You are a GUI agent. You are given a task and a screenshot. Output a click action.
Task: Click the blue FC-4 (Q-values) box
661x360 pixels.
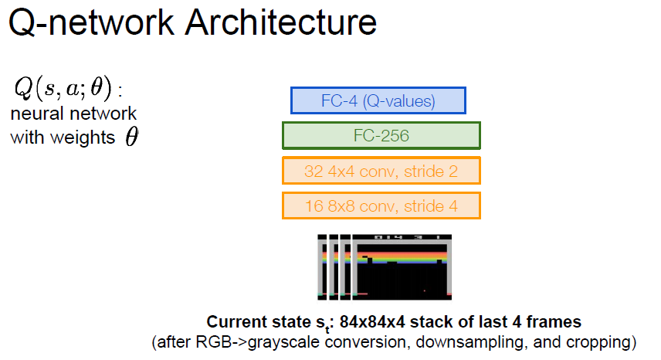378,100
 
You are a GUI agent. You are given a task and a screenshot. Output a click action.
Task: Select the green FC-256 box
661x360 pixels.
381,136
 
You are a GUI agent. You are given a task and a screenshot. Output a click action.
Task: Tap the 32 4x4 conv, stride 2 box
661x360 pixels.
381,171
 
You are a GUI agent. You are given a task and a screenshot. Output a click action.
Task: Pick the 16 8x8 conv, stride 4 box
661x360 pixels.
381,205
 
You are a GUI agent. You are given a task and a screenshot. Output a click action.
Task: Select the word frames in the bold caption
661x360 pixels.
558,321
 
